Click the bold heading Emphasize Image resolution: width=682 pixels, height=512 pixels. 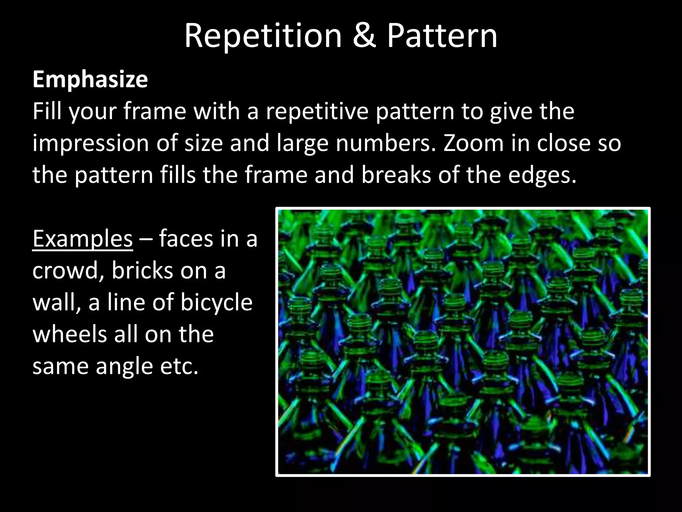point(90,80)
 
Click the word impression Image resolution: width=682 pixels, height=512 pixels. point(91,143)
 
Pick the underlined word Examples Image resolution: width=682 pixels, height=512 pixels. point(83,239)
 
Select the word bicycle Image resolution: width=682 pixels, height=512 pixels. point(216,303)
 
